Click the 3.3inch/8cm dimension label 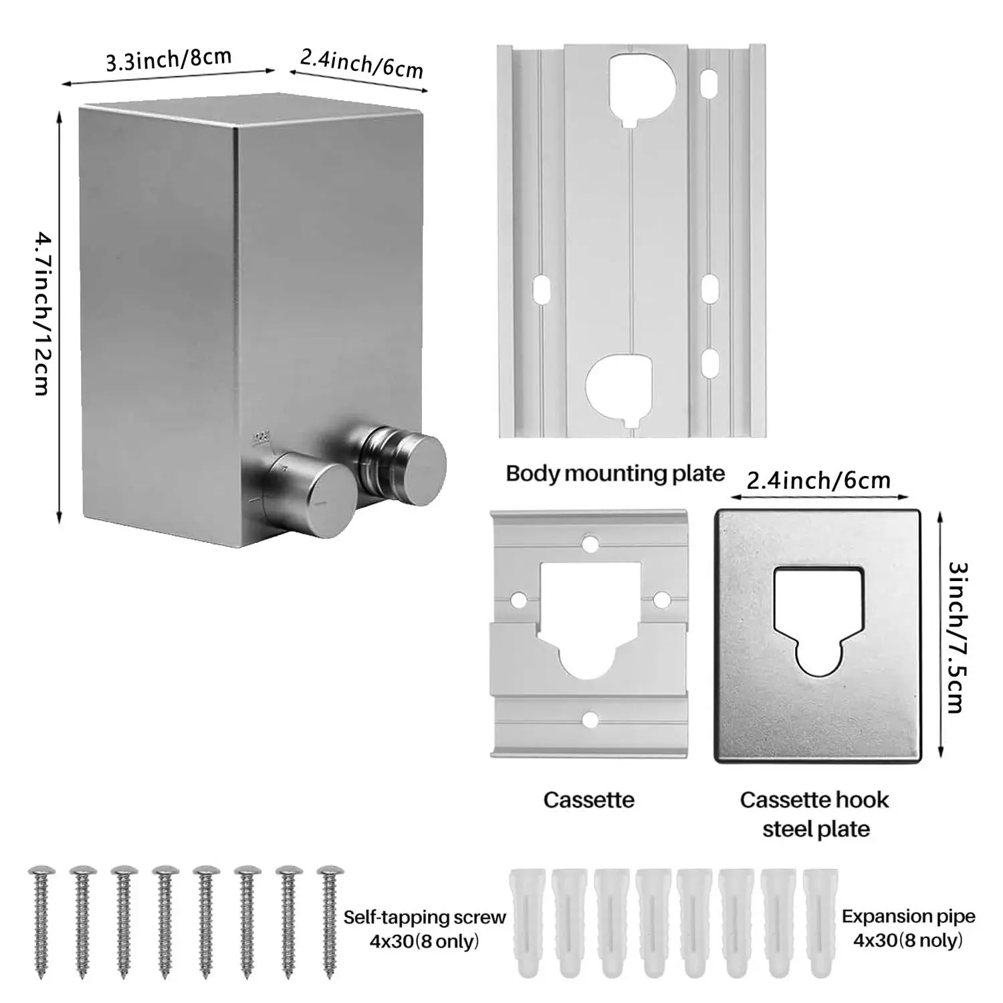[x=169, y=59]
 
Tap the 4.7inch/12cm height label [x=41, y=313]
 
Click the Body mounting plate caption [x=615, y=473]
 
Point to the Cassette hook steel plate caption [x=815, y=814]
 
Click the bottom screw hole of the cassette [x=589, y=719]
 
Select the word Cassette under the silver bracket [x=588, y=800]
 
